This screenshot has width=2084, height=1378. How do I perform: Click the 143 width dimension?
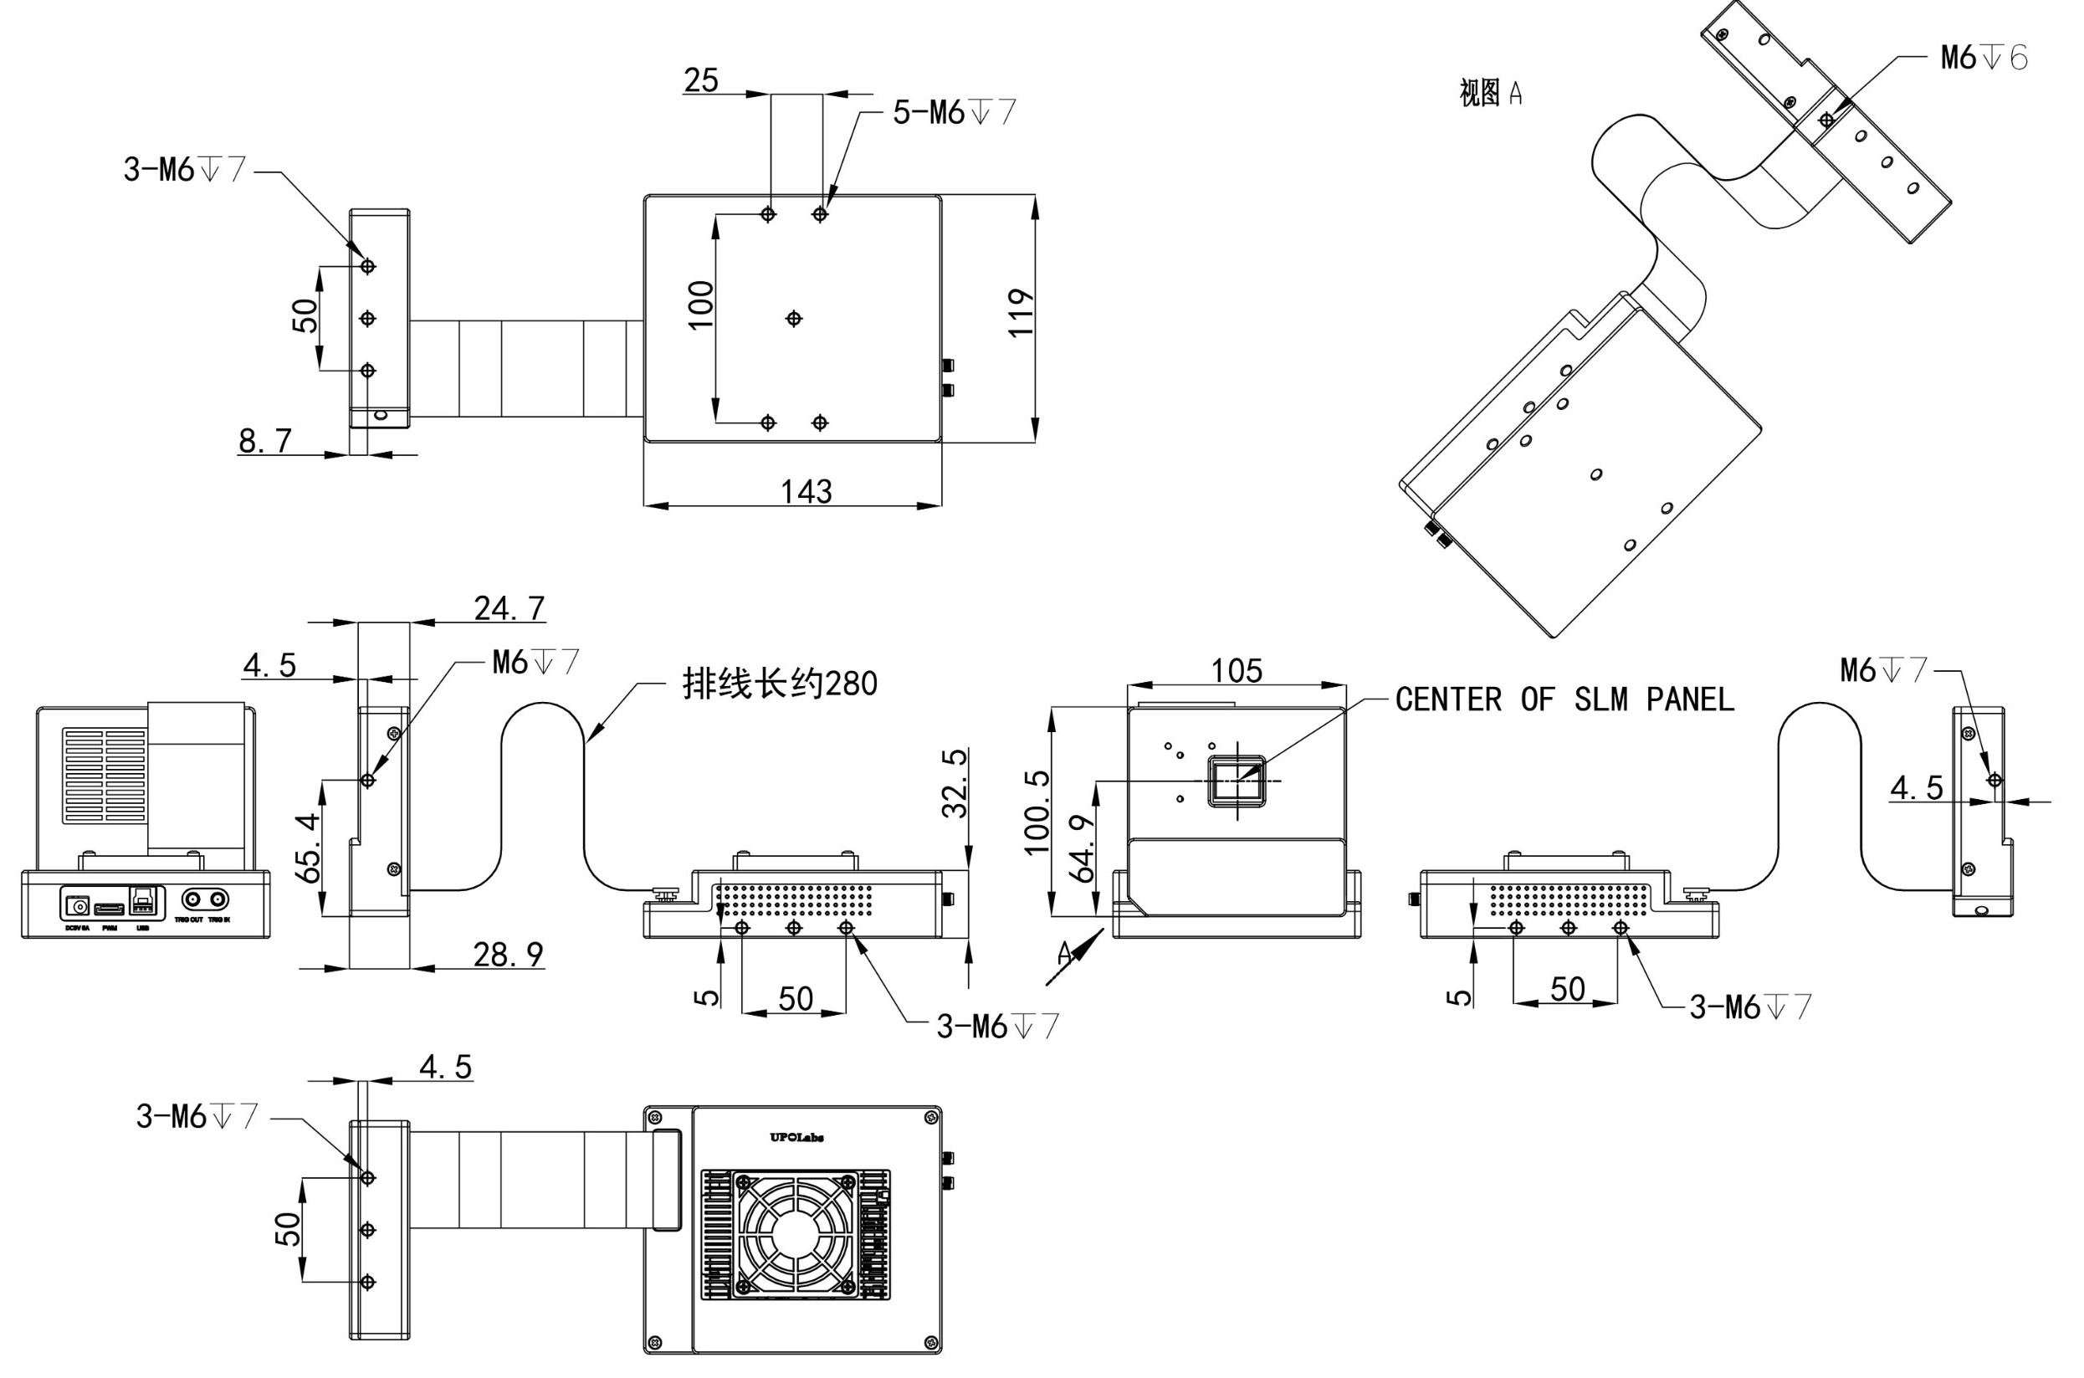click(806, 490)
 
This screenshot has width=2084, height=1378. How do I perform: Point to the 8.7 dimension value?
click(264, 440)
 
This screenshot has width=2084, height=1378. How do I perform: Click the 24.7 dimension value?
click(509, 607)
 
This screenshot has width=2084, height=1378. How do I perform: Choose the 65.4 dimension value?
click(308, 848)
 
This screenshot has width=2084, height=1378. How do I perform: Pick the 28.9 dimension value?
click(508, 954)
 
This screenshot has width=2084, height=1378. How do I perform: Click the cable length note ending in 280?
click(779, 683)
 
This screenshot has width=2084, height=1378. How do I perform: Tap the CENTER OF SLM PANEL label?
click(1564, 699)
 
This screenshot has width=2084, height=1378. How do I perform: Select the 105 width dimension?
click(1237, 670)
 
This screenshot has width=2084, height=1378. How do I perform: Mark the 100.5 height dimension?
click(1037, 812)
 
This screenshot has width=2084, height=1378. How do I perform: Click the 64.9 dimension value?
click(1083, 848)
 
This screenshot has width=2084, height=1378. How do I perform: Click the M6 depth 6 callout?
click(1984, 58)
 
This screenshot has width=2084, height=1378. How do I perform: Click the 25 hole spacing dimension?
click(701, 80)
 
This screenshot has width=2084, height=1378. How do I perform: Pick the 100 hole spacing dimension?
click(700, 305)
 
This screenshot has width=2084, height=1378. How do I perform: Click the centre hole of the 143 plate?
click(793, 318)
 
